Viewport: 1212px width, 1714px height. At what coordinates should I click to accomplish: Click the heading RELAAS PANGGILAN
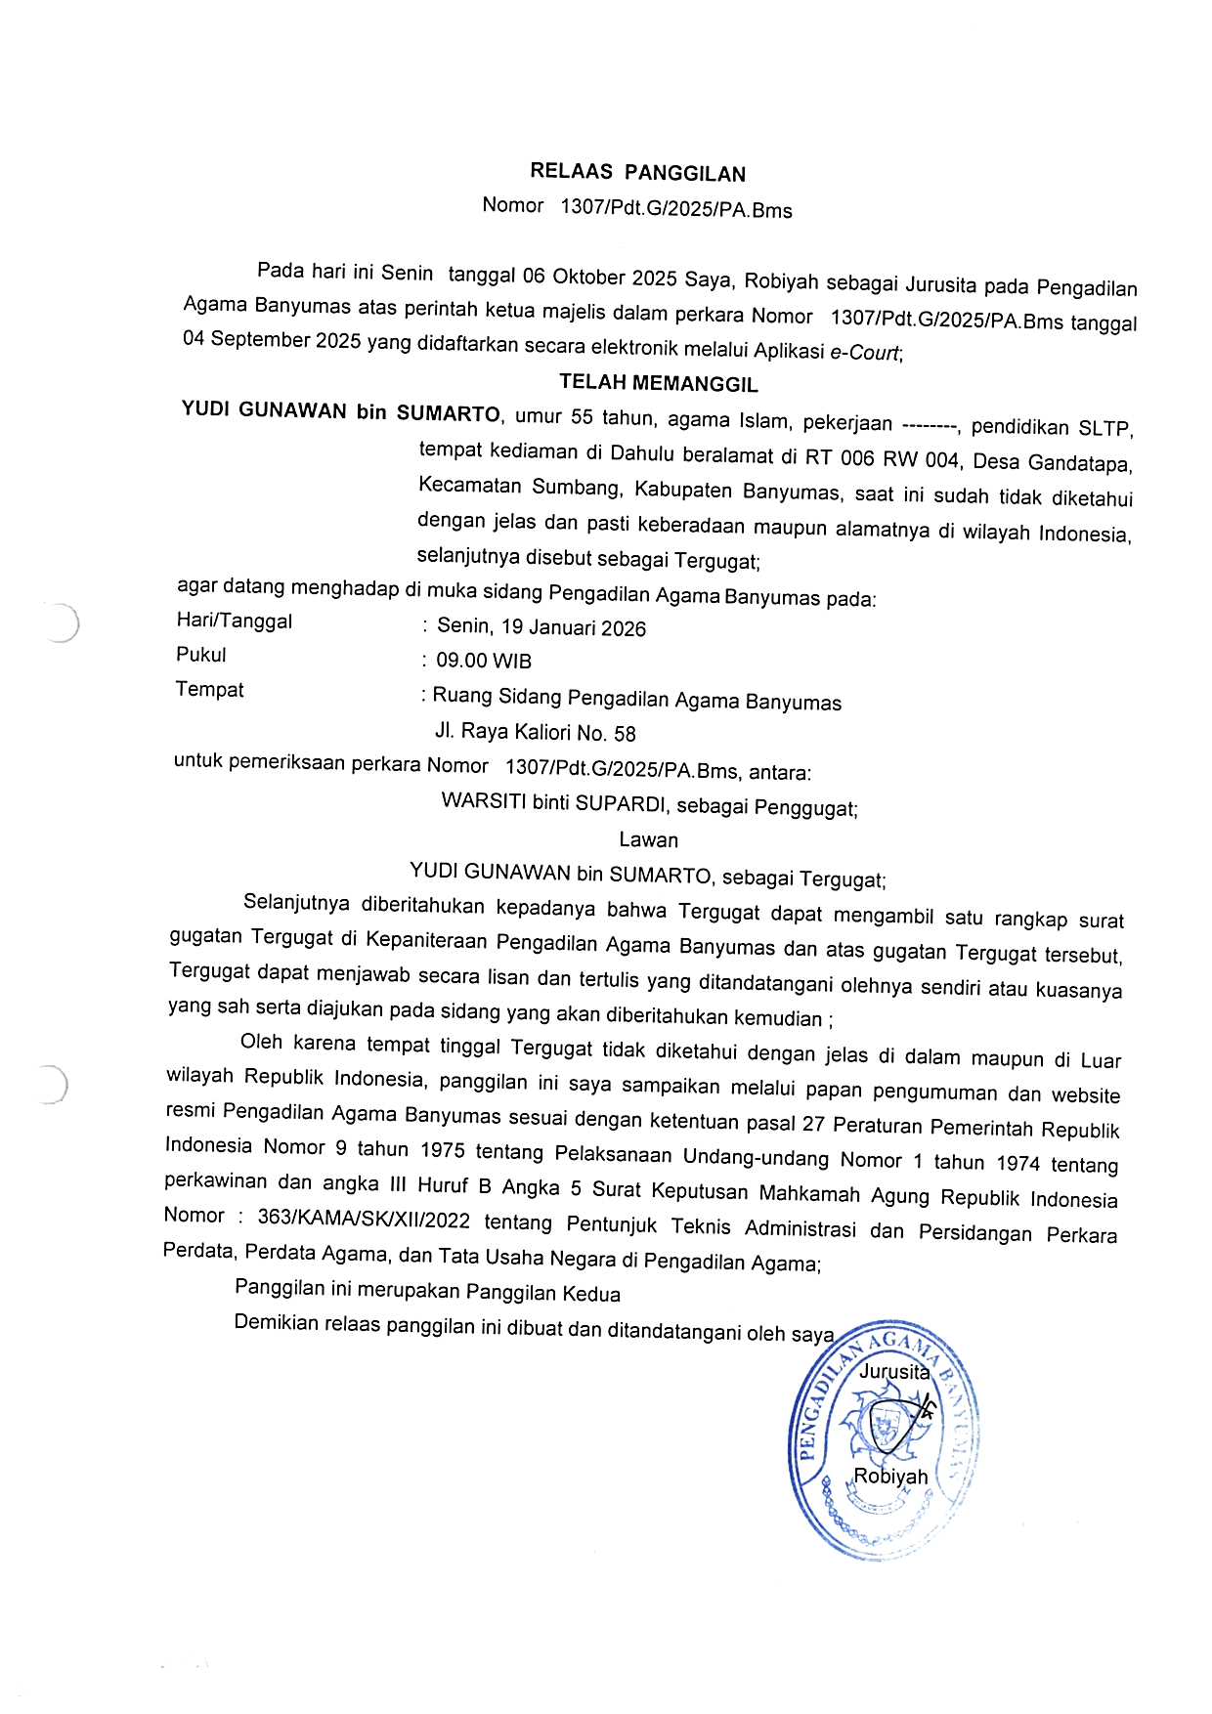click(637, 173)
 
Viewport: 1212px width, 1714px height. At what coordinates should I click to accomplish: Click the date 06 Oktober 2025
click(599, 278)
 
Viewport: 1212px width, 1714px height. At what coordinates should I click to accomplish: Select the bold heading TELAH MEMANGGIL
click(658, 383)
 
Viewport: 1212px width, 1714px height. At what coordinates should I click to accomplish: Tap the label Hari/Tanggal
click(235, 621)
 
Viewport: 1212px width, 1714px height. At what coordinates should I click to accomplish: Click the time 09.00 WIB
click(484, 661)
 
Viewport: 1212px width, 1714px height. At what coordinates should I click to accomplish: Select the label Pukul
click(201, 655)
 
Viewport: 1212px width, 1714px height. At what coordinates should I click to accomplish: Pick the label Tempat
click(209, 689)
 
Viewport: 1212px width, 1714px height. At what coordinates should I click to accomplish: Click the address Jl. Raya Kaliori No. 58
click(535, 732)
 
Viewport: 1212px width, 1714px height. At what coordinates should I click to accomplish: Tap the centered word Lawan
click(648, 839)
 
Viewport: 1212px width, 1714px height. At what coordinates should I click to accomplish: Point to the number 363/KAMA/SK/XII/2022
click(364, 1220)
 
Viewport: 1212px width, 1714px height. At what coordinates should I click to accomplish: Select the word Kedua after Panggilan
click(591, 1294)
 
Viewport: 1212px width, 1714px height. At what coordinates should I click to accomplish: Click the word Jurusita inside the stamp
click(893, 1372)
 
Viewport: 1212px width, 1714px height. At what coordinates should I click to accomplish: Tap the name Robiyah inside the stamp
click(890, 1477)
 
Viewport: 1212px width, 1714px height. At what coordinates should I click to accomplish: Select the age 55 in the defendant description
click(582, 417)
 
